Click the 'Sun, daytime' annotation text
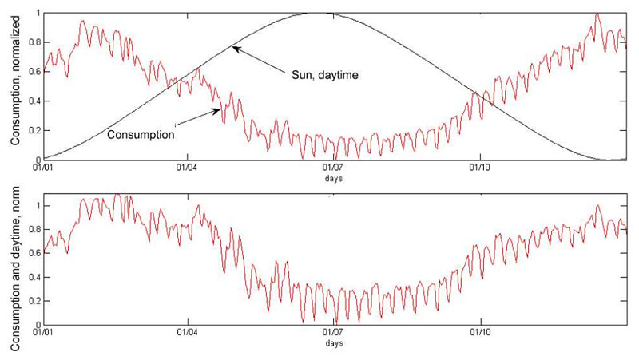[323, 75]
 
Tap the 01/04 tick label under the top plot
[188, 168]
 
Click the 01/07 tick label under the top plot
[333, 168]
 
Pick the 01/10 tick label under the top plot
[479, 168]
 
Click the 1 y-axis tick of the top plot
[38, 14]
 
